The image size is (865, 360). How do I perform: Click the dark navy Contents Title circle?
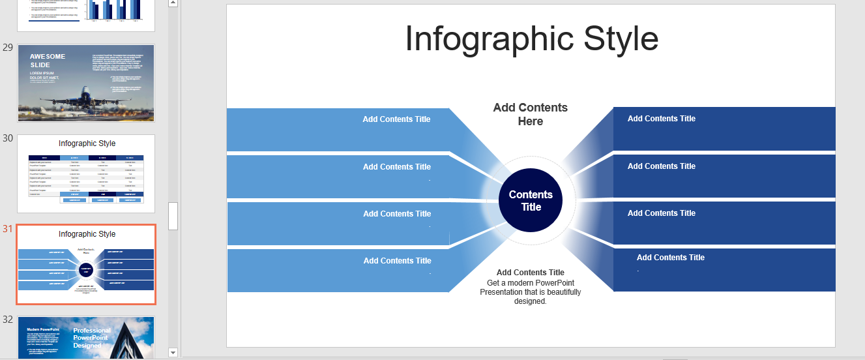coord(531,200)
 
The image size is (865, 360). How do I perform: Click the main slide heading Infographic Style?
coord(531,38)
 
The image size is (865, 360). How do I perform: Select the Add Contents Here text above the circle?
coord(530,114)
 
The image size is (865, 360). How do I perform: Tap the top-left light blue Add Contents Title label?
coord(396,119)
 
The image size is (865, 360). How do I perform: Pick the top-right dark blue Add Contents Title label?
coord(661,118)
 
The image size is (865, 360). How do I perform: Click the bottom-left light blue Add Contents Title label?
coord(397,260)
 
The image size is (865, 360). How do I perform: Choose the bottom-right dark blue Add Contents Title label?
coord(670,257)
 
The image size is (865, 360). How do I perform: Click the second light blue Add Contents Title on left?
coord(396,166)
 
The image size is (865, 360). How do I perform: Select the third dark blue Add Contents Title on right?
coord(661,213)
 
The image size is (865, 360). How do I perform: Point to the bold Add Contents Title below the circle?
coord(530,272)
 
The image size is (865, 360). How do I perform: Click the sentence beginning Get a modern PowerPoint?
coord(530,292)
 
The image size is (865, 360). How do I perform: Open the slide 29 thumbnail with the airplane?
coord(86,83)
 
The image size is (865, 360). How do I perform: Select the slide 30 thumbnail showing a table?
coord(86,173)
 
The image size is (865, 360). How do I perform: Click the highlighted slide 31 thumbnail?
coord(86,264)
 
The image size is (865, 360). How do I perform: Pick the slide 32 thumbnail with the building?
coord(86,337)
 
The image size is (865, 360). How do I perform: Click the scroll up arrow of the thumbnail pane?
coord(173,3)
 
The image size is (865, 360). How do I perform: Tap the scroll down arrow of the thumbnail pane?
coord(173,352)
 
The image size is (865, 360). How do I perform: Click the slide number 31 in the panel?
coord(8,229)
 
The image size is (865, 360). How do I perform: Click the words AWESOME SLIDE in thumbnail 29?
coord(48,61)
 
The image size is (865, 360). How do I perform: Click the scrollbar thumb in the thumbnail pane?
coord(173,216)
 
